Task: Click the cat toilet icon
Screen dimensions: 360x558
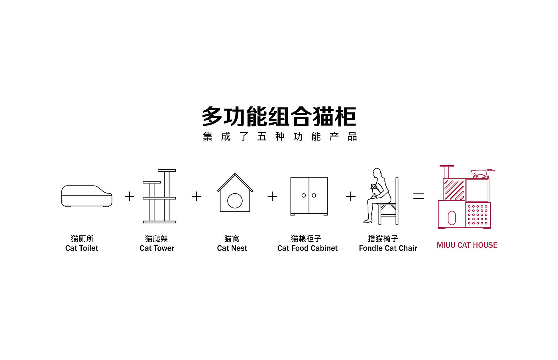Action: pyautogui.click(x=86, y=196)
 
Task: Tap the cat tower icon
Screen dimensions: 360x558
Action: pyautogui.click(x=159, y=196)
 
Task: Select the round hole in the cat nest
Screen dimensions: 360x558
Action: pyautogui.click(x=235, y=201)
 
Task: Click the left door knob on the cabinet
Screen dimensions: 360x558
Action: pyautogui.click(x=304, y=195)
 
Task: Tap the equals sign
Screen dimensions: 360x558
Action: pyautogui.click(x=418, y=196)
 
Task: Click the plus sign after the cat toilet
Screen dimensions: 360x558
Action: pyautogui.click(x=130, y=196)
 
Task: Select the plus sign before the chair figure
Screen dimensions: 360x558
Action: pyautogui.click(x=351, y=196)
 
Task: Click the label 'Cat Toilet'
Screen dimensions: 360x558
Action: pyautogui.click(x=82, y=248)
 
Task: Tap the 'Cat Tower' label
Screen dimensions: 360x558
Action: pyautogui.click(x=157, y=248)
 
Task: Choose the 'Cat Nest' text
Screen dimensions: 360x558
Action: pyautogui.click(x=232, y=248)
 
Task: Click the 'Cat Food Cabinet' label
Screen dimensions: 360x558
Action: pyautogui.click(x=307, y=248)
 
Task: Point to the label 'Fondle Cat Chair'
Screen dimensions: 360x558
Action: pyautogui.click(x=388, y=248)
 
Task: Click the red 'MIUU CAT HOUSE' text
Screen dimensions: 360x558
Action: pyautogui.click(x=467, y=245)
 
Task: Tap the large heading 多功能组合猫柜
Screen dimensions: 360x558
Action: pyautogui.click(x=279, y=116)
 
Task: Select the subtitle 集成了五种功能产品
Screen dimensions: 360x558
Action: pyautogui.click(x=280, y=137)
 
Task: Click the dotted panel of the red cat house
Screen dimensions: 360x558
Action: pyautogui.click(x=477, y=215)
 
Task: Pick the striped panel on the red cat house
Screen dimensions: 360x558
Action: pyautogui.click(x=454, y=190)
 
